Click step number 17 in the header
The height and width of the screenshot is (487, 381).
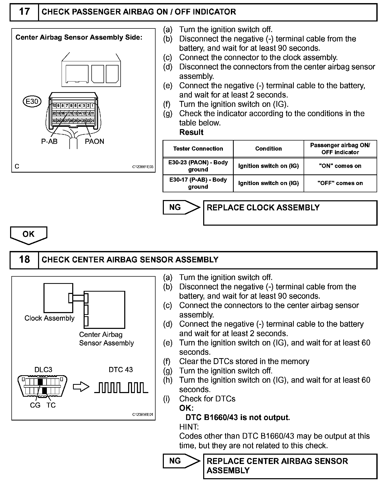coord(24,12)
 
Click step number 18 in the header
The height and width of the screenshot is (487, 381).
coord(24,260)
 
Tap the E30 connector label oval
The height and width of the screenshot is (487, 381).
coord(32,101)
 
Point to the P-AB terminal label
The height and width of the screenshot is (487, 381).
coord(49,142)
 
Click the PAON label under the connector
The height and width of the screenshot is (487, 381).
coord(94,142)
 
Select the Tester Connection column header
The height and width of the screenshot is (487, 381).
coord(198,149)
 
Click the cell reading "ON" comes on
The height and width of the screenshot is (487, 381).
coord(340,166)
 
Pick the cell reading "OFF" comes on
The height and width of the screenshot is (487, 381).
coord(340,183)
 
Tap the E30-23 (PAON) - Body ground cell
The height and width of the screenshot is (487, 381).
coord(198,166)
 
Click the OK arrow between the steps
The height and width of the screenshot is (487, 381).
coord(28,234)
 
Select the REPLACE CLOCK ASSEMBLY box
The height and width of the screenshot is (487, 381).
coord(290,213)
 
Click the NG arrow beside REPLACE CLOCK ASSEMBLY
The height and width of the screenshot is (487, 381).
coord(181,207)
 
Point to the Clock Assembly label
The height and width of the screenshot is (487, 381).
coord(49,318)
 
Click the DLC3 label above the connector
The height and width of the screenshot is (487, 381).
coord(43,370)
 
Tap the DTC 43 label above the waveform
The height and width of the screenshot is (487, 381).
coord(121,370)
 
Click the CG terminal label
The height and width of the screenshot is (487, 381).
coord(35,405)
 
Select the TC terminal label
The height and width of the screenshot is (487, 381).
coord(51,405)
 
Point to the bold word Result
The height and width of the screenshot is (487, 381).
coord(191,132)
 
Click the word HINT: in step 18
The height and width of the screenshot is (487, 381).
coord(189,427)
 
